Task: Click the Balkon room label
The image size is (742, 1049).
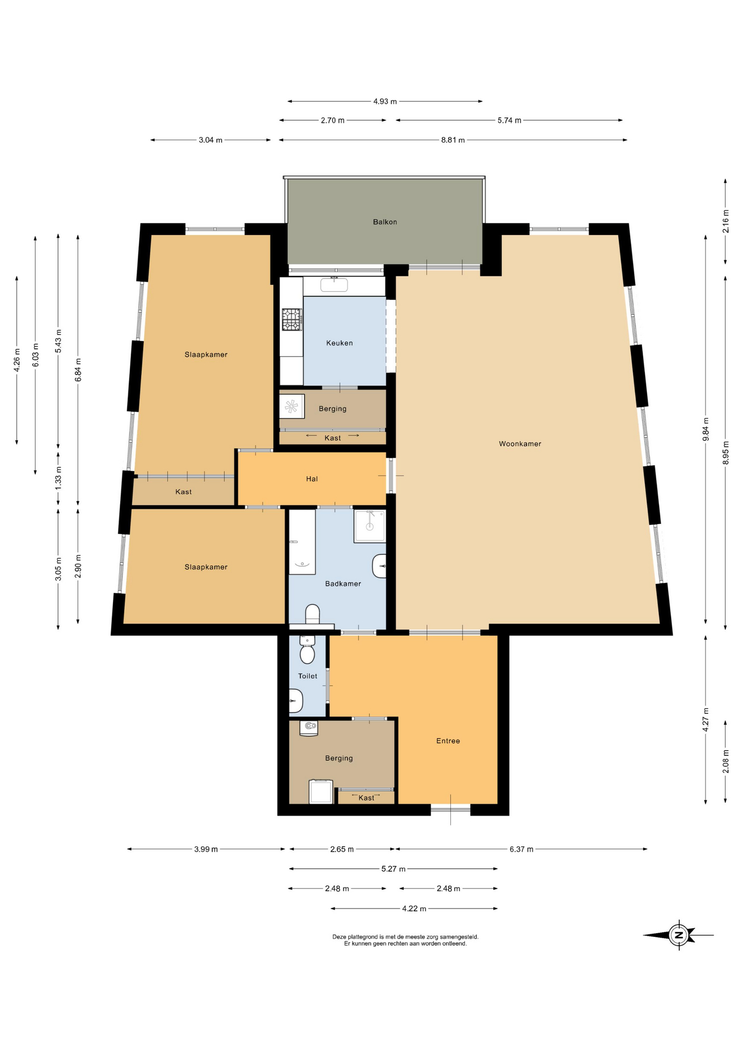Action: [385, 222]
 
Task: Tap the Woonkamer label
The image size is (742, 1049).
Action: [520, 444]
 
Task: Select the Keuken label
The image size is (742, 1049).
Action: [339, 343]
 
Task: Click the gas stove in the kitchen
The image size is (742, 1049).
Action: [292, 320]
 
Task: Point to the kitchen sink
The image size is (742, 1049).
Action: [334, 285]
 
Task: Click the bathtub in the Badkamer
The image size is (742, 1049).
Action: [302, 542]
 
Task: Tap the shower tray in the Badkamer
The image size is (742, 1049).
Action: [370, 526]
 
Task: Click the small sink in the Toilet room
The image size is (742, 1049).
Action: [296, 700]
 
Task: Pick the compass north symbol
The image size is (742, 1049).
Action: [679, 935]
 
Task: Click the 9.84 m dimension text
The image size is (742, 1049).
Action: [705, 429]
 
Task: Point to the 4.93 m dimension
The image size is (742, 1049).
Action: [385, 101]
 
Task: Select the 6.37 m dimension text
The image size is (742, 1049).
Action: [521, 849]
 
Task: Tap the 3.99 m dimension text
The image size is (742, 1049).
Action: [206, 849]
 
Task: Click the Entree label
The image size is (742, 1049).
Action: [448, 741]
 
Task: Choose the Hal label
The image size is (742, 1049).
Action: [311, 479]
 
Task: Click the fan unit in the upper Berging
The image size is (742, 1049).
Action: [292, 406]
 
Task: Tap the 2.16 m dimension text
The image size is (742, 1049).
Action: [726, 221]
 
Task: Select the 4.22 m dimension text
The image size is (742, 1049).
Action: [414, 909]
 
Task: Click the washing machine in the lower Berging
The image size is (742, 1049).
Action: [321, 792]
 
